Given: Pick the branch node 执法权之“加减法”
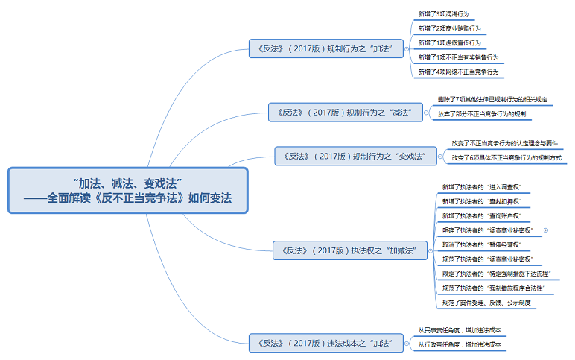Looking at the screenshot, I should (349, 250).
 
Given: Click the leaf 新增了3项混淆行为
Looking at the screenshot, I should (445, 14).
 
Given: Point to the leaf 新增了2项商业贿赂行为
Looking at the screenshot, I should (449, 28).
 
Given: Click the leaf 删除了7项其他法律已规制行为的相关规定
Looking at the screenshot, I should (492, 99).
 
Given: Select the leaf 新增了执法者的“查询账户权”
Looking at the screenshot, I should (480, 215).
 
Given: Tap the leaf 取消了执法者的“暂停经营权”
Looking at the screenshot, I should (480, 244).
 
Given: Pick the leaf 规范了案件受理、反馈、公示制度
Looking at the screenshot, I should (486, 303).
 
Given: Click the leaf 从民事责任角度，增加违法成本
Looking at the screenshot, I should (459, 330).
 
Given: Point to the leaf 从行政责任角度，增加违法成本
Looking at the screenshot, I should (459, 344).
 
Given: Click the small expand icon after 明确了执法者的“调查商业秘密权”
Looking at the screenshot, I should (546, 230).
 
